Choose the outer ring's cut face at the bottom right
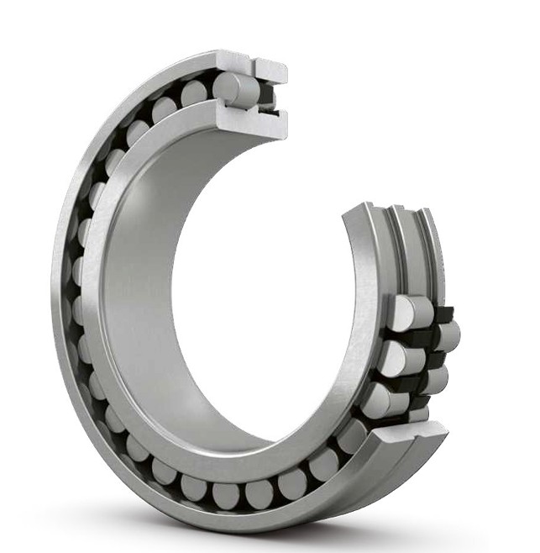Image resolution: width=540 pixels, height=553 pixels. click(x=412, y=437)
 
